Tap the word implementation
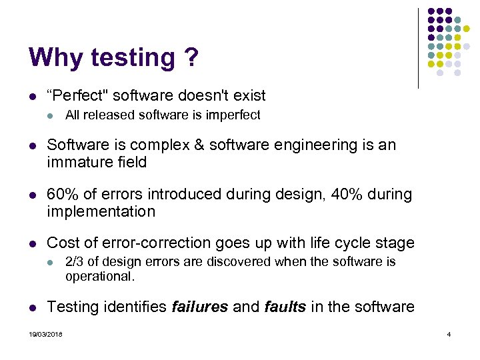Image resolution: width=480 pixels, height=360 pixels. [101, 211]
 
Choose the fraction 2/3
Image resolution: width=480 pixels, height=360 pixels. [74, 262]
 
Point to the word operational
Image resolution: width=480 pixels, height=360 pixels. [99, 276]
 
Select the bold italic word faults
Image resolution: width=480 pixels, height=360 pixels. [285, 307]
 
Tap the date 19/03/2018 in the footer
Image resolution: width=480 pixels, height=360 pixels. [45, 334]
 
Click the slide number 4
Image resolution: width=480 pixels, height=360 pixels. [449, 334]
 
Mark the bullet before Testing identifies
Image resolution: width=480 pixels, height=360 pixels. [32, 307]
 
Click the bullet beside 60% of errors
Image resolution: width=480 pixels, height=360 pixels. [32, 195]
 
